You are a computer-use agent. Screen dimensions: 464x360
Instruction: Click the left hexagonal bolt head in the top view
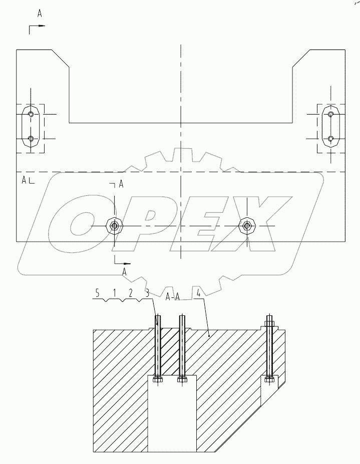pyautogui.click(x=115, y=226)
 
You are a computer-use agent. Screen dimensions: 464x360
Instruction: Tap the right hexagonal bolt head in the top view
pyautogui.click(x=246, y=226)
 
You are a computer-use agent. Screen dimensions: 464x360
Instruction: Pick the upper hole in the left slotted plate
pyautogui.click(x=31, y=115)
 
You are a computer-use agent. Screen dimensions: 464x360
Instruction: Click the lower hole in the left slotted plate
pyautogui.click(x=31, y=139)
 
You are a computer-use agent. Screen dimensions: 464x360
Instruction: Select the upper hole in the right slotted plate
pyautogui.click(x=330, y=115)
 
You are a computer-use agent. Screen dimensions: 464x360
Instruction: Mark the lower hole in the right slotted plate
pyautogui.click(x=330, y=139)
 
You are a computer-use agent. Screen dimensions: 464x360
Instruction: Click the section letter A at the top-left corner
pyautogui.click(x=40, y=14)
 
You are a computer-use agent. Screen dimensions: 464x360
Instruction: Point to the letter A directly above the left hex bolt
pyautogui.click(x=121, y=185)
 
